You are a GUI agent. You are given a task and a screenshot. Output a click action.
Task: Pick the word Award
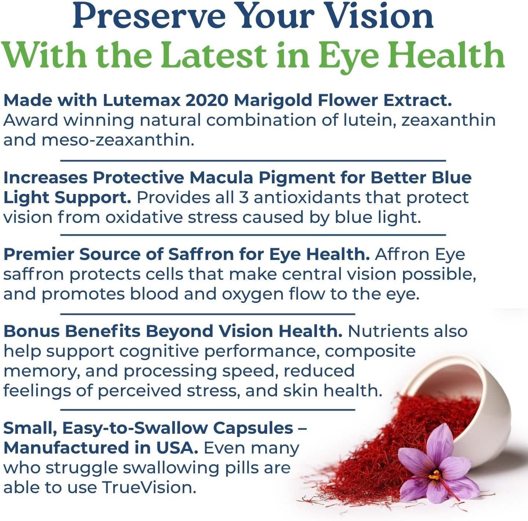click(x=30, y=120)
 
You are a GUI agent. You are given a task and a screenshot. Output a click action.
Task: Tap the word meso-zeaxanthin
click(x=117, y=140)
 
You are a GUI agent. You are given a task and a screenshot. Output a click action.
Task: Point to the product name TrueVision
click(x=148, y=488)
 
